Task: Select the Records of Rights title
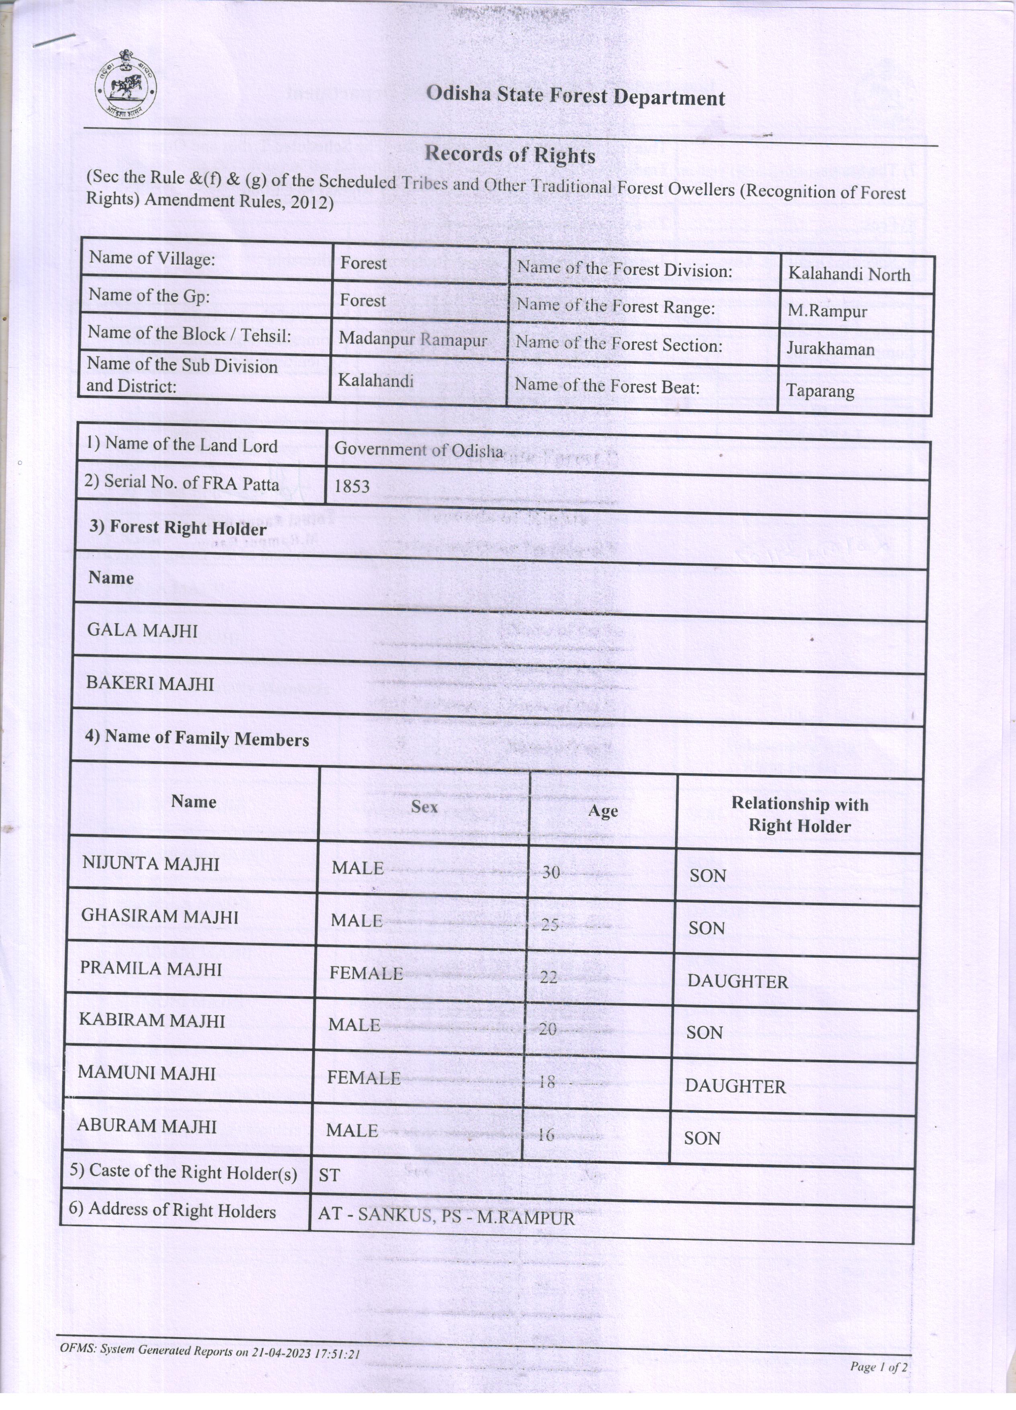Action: (x=510, y=155)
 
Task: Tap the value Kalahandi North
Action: (x=848, y=274)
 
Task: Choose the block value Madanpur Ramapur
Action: (x=413, y=339)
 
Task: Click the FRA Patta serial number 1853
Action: (x=352, y=486)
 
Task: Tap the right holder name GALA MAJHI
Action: (x=142, y=630)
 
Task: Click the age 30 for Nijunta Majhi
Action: (x=551, y=872)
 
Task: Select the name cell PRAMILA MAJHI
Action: (x=151, y=969)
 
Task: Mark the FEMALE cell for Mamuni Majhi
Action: (x=364, y=1078)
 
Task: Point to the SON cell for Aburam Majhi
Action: (x=702, y=1138)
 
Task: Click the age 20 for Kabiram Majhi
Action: (x=547, y=1029)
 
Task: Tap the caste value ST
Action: (x=329, y=1174)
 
